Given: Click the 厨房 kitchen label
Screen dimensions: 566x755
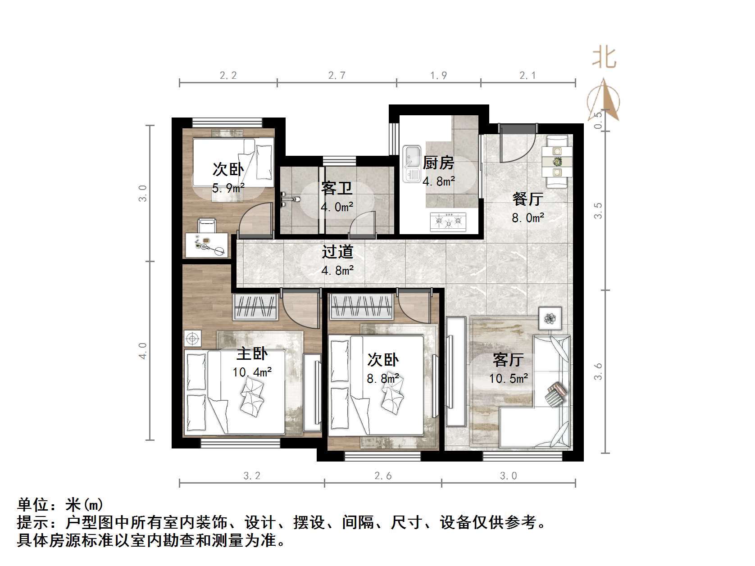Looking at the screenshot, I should (x=438, y=163).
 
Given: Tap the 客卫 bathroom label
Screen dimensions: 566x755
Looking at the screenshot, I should (x=337, y=188).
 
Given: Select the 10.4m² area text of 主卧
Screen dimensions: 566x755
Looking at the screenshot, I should (x=252, y=372).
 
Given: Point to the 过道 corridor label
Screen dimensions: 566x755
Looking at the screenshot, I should (x=337, y=252).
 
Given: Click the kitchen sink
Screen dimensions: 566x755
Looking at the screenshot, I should (x=411, y=163).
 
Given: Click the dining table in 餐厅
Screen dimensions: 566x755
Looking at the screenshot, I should (x=557, y=161).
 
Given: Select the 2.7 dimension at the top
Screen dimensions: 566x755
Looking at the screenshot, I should (x=337, y=76).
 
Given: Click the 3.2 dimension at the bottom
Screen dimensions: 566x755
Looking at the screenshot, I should (x=251, y=476).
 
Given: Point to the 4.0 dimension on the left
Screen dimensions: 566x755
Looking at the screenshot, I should (x=143, y=350).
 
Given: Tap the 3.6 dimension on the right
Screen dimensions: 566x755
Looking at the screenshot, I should (x=598, y=372).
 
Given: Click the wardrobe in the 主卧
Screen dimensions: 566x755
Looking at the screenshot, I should (x=255, y=307).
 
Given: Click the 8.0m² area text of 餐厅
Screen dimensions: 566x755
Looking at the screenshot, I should (x=528, y=218).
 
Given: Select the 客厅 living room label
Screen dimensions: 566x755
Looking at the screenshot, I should (x=508, y=360).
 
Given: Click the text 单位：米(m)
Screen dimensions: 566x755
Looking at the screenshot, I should (x=60, y=504).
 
